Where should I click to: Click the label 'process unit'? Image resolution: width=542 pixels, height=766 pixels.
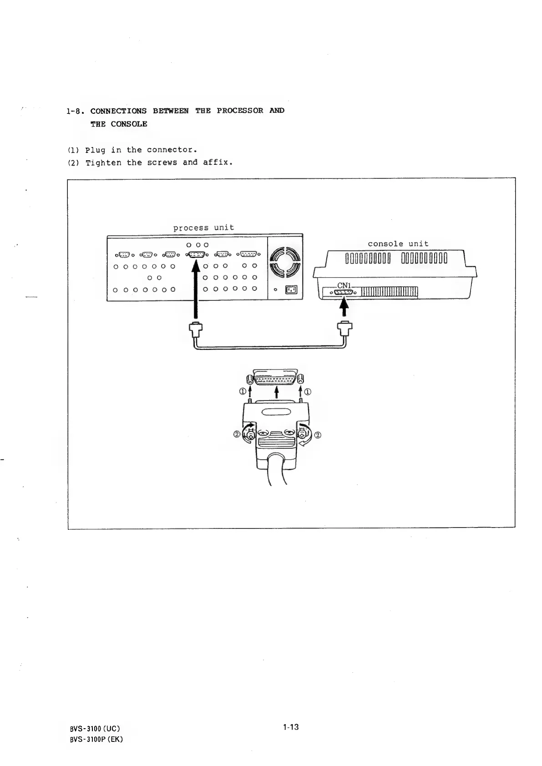(203, 228)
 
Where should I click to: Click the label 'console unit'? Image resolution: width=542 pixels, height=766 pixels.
(398, 243)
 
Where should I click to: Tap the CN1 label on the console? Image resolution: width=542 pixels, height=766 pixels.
(344, 285)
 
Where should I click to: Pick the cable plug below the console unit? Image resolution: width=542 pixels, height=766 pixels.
(345, 328)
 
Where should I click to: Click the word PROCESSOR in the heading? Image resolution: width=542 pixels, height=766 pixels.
(240, 111)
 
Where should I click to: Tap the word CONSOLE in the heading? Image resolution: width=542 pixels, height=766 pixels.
(129, 124)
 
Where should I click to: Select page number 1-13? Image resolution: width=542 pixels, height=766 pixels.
(290, 727)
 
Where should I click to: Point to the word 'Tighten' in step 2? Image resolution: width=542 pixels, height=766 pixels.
(104, 162)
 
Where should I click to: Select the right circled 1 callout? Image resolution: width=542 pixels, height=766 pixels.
(308, 391)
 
